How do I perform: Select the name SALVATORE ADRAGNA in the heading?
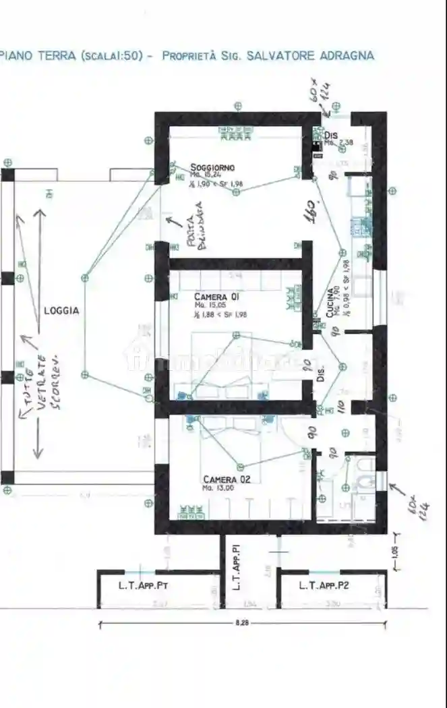pos(310,56)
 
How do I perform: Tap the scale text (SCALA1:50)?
pos(111,56)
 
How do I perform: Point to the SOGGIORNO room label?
pos(212,167)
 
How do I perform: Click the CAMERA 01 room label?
pos(216,297)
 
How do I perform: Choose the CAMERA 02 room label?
pos(227,479)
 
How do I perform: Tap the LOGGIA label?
pos(61,311)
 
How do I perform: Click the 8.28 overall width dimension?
pos(241,624)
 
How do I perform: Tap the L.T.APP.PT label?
pos(143,585)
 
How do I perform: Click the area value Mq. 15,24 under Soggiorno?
pos(205,175)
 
